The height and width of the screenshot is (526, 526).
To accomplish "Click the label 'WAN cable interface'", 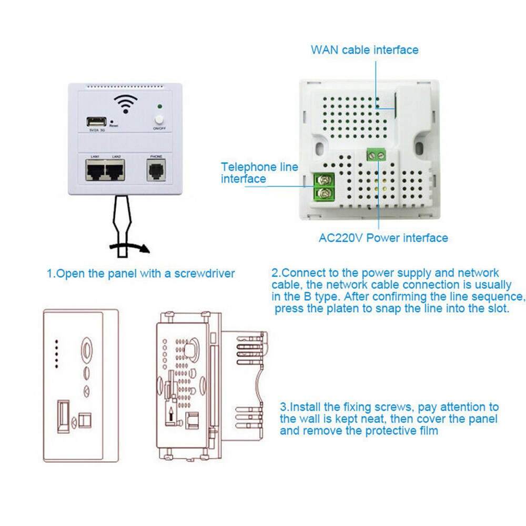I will (365, 50).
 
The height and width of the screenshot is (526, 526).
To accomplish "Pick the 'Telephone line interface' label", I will (259, 173).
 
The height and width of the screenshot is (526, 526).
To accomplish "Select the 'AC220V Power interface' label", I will (383, 238).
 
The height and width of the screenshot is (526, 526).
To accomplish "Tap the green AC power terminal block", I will (377, 155).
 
